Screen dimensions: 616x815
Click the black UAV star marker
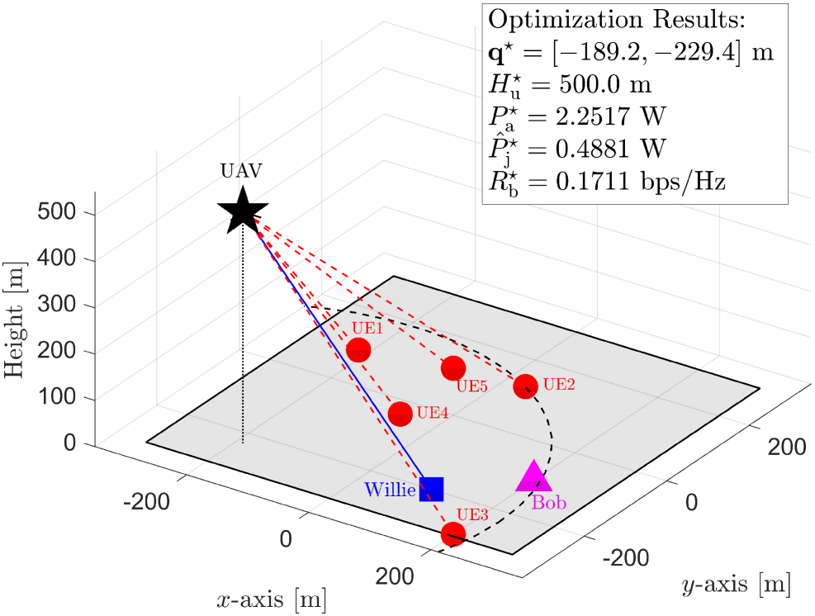[242, 211]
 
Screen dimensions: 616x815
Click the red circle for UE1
[358, 350]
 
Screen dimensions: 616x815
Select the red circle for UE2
[525, 386]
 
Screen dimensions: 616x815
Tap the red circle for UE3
[452, 534]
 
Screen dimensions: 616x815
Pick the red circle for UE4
[400, 414]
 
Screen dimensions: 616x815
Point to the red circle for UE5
[453, 367]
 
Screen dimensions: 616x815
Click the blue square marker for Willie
[431, 489]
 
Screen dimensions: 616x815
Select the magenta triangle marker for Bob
[533, 477]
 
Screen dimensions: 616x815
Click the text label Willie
[391, 490]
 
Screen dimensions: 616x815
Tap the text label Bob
[549, 503]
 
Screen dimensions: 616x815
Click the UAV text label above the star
[240, 172]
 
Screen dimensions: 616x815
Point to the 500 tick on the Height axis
[59, 214]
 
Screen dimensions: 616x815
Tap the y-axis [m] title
[735, 585]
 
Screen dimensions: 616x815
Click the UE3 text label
[474, 514]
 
